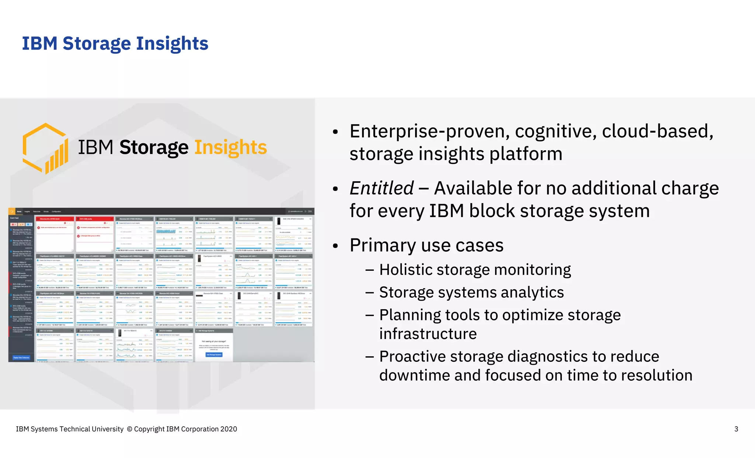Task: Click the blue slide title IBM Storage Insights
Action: point(115,43)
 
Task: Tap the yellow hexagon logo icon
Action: point(45,148)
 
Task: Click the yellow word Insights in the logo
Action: point(230,148)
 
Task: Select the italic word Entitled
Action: point(382,188)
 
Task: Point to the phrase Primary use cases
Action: point(427,245)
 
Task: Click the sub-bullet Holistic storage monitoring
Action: point(475,270)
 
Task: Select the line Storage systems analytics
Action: point(471,293)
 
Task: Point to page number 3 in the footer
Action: point(736,429)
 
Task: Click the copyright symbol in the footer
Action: point(129,429)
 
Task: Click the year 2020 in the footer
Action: point(229,429)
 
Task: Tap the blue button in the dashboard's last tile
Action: point(214,355)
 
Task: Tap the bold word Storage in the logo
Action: point(154,148)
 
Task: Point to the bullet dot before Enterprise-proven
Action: point(335,132)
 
